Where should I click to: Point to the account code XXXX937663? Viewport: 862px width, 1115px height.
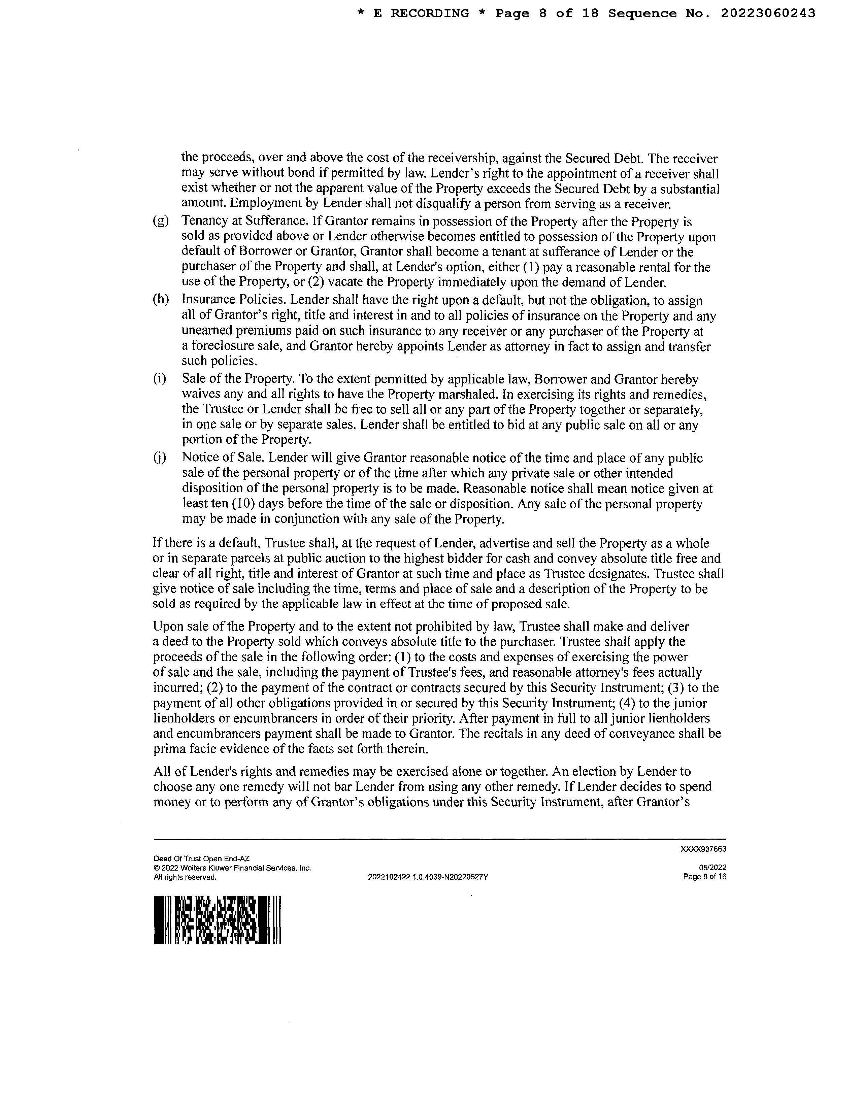click(703, 849)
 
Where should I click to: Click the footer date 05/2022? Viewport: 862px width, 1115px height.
click(712, 868)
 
